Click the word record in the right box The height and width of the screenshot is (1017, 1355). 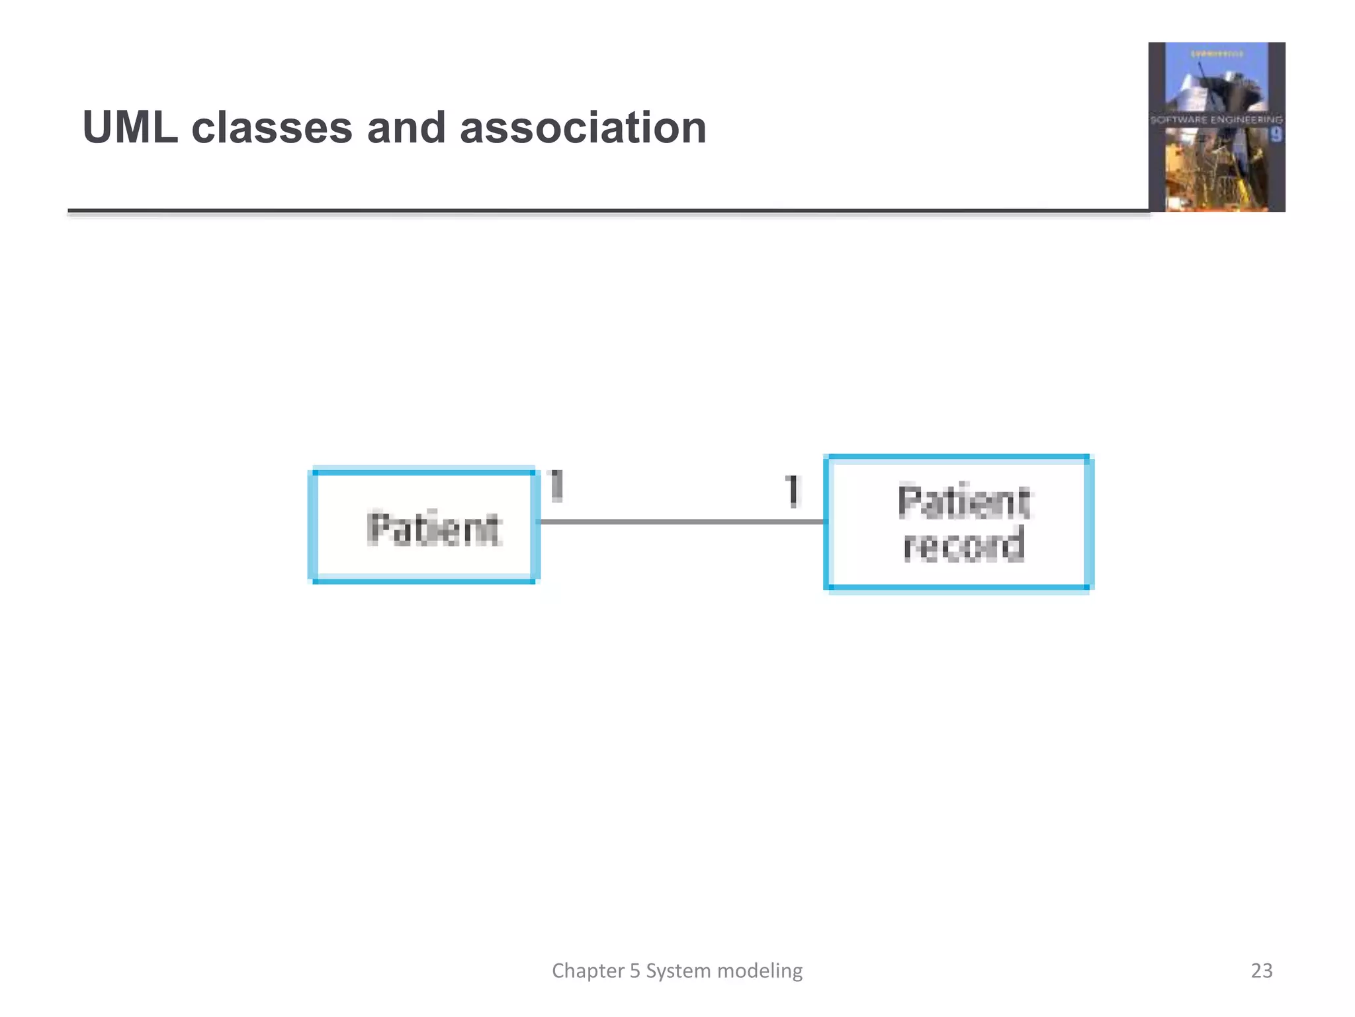[964, 544]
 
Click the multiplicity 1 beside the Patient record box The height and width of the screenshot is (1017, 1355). [792, 491]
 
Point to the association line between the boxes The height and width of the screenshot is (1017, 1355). [681, 522]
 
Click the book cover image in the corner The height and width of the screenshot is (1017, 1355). [1216, 127]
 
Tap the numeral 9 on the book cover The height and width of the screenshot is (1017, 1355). [1276, 135]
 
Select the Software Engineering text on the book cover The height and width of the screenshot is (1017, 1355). [1216, 120]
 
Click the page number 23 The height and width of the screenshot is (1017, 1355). [1261, 971]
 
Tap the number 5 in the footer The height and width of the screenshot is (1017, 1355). [634, 971]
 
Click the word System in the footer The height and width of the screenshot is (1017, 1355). [678, 971]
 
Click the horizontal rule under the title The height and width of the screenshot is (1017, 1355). [595, 211]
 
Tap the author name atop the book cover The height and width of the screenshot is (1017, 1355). [1217, 54]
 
